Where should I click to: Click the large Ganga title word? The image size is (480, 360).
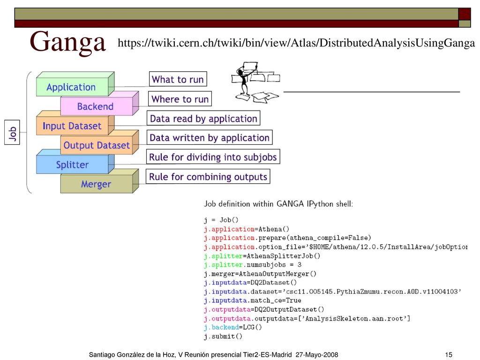(x=67, y=43)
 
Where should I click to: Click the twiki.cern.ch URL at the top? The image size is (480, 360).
(x=296, y=43)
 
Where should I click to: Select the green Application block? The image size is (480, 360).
(x=75, y=84)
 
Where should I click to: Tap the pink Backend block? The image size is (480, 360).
(x=99, y=104)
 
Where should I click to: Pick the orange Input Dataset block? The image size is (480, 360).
(x=75, y=123)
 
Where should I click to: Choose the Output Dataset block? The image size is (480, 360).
(x=99, y=142)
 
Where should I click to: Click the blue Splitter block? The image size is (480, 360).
(x=75, y=162)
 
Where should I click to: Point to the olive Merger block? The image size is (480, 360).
(x=99, y=181)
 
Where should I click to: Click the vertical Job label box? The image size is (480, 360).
(x=12, y=132)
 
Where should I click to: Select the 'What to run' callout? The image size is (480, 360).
(x=178, y=79)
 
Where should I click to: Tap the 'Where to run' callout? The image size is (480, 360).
(x=180, y=99)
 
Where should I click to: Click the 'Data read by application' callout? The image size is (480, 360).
(x=203, y=118)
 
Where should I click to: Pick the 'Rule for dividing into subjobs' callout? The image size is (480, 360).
(x=213, y=157)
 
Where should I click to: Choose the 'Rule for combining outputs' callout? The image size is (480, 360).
(x=208, y=176)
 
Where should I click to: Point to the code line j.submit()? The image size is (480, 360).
(x=223, y=337)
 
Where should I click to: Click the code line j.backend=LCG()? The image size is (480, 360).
(x=233, y=327)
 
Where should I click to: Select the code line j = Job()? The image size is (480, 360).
(x=221, y=220)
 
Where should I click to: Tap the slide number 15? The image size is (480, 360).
(x=449, y=354)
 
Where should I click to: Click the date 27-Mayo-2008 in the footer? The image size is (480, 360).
(x=317, y=354)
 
